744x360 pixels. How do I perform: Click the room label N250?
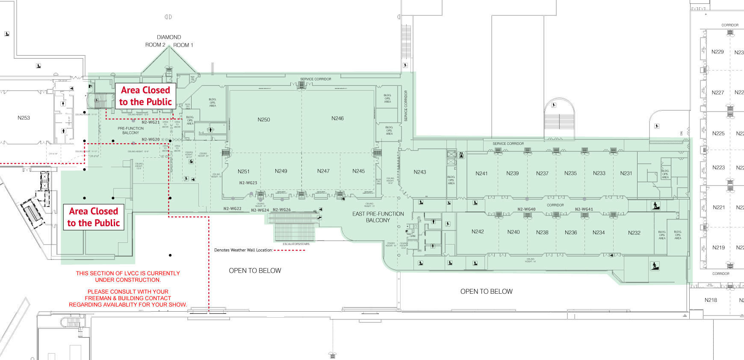point(263,120)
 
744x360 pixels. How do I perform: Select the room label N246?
point(337,118)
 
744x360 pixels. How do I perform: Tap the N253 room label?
point(24,118)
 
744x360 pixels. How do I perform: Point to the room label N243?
point(419,172)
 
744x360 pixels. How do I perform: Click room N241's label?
point(481,174)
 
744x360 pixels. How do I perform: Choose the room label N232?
point(634,233)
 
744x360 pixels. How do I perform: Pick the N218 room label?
point(711,300)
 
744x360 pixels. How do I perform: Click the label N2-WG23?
point(248,183)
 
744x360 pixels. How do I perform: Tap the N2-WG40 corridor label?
point(526,210)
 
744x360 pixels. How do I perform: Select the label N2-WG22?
point(232,209)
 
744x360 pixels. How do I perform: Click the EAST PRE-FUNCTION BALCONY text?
point(378,217)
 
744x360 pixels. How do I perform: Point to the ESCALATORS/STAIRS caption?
point(296,244)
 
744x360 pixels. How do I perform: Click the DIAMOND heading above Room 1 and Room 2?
point(169,37)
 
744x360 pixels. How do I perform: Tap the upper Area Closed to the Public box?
point(145,96)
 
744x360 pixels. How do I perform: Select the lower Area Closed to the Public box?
point(94,217)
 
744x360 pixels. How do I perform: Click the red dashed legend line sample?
point(289,250)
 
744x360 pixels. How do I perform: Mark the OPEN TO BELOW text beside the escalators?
point(255,271)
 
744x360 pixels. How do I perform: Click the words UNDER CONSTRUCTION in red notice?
point(128,280)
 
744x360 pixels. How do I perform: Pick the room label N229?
point(717,52)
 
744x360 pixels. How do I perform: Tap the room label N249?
point(281,171)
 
